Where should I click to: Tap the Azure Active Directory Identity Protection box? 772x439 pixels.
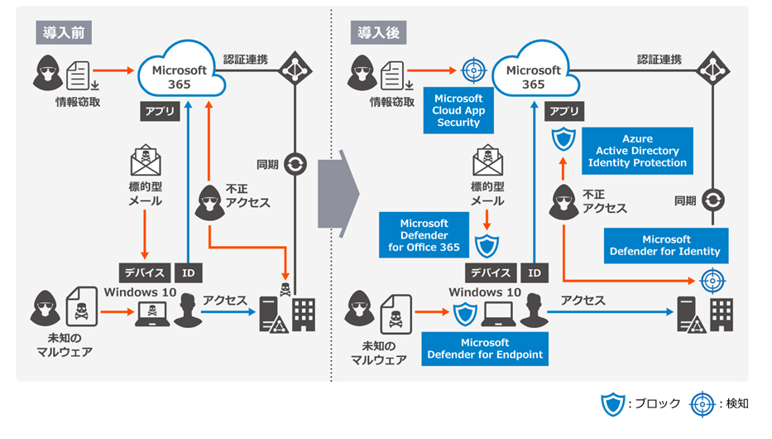tap(637, 151)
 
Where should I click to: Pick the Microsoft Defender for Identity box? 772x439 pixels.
tap(665, 246)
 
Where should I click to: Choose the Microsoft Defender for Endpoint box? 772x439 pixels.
tap(485, 349)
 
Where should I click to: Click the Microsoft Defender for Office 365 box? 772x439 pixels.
tap(424, 235)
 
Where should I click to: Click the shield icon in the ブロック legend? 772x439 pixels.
tap(612, 404)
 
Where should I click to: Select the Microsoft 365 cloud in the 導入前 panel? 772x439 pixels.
tap(183, 72)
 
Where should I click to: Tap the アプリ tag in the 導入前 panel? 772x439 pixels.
tap(162, 113)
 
